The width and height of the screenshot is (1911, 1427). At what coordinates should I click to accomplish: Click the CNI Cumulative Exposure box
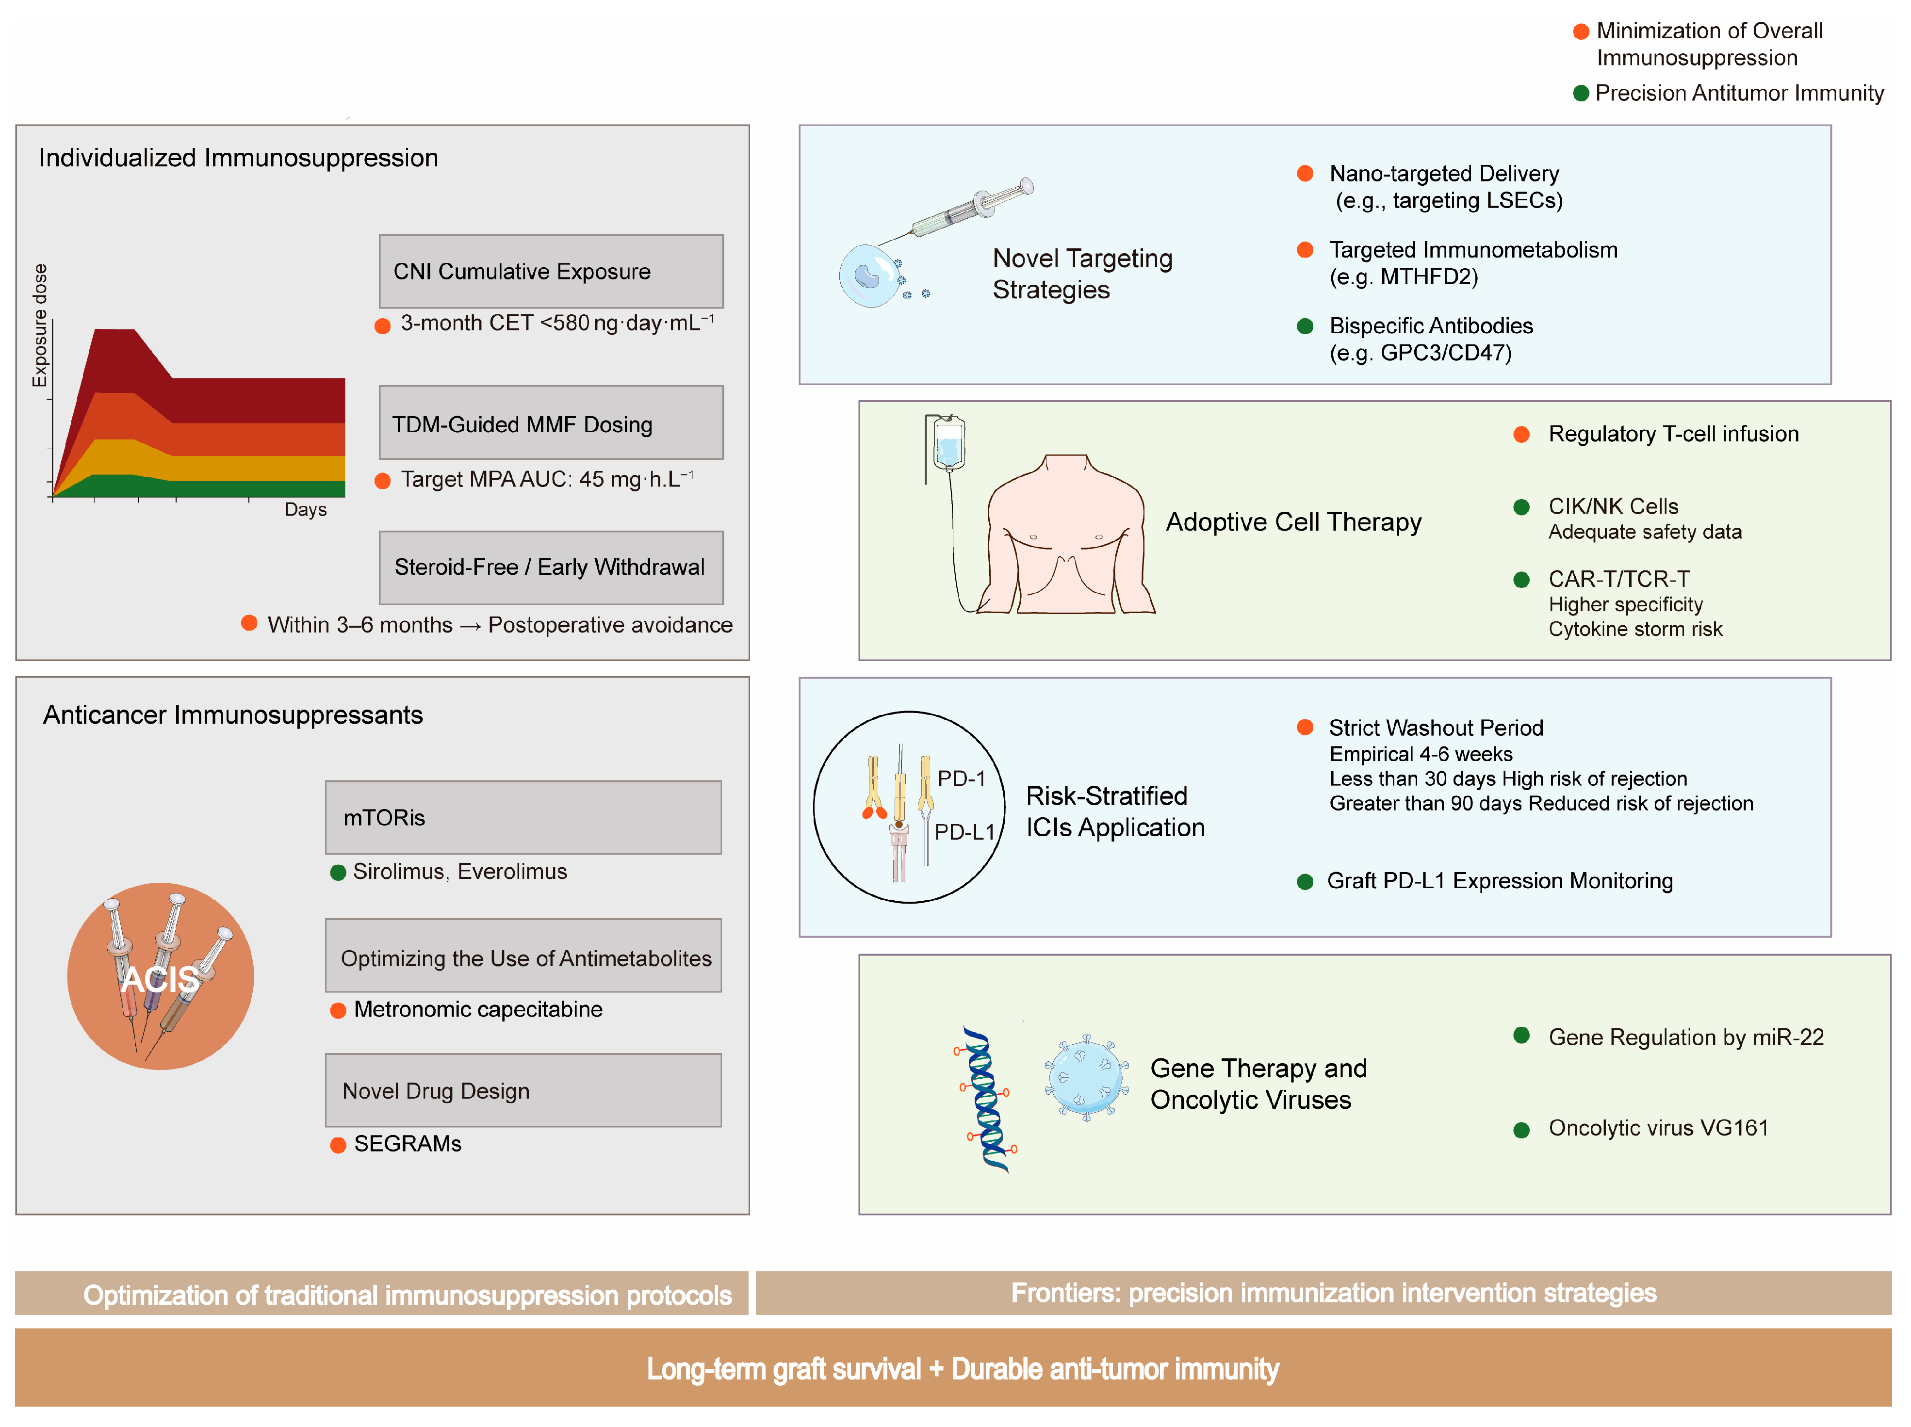[x=550, y=271]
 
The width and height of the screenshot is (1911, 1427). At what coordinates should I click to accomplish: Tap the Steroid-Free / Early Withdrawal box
[x=550, y=568]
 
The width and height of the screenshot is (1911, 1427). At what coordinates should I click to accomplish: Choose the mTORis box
[x=523, y=817]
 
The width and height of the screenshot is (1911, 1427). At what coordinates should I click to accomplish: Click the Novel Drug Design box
[x=523, y=1090]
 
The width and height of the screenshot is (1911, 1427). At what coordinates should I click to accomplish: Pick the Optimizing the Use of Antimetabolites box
[x=523, y=956]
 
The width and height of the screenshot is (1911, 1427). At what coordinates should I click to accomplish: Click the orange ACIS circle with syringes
[x=161, y=976]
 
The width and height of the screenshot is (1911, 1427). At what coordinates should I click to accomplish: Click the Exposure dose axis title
[x=40, y=325]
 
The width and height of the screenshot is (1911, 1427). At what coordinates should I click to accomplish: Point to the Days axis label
[x=306, y=510]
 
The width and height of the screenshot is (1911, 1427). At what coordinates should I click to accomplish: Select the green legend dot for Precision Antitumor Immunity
[x=1581, y=93]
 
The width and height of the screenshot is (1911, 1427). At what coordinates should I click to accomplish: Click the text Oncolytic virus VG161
[x=1658, y=1128]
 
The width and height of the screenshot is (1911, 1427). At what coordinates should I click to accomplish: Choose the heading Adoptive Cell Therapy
[x=1293, y=522]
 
